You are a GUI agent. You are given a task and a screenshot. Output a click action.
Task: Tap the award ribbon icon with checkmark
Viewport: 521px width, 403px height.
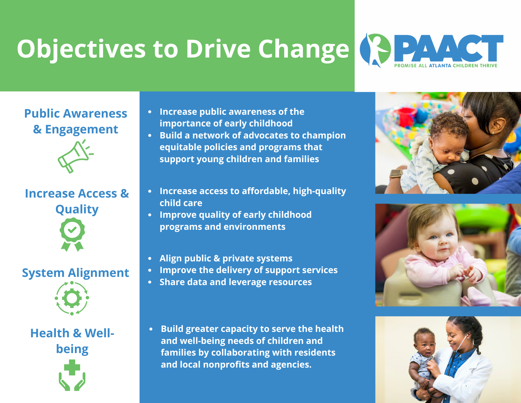click(x=72, y=234)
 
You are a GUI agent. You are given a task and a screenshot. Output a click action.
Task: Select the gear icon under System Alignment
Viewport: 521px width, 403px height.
click(x=72, y=298)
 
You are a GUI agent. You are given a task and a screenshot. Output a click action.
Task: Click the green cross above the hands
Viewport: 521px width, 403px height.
click(x=72, y=367)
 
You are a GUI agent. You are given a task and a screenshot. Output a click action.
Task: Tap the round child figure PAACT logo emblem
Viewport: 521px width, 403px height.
click(x=375, y=50)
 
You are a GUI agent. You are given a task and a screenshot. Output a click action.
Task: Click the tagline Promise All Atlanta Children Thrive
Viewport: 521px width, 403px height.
click(x=446, y=65)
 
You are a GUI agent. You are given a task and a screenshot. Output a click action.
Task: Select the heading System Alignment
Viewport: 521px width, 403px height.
click(x=75, y=273)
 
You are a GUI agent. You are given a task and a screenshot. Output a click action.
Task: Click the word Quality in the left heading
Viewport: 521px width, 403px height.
click(x=77, y=210)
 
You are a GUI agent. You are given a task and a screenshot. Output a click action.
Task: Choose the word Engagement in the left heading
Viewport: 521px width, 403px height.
click(x=81, y=130)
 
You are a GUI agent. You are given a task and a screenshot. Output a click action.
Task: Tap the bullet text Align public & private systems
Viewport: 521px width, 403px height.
click(x=226, y=258)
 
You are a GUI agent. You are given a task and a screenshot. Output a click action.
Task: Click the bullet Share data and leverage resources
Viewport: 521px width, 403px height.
click(x=236, y=282)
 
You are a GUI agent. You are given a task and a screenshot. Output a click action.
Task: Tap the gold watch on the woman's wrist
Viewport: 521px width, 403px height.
click(x=396, y=173)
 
